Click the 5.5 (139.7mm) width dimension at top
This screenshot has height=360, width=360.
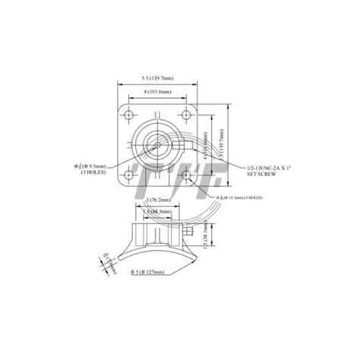(156, 78)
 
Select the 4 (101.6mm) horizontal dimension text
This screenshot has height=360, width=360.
(155, 93)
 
